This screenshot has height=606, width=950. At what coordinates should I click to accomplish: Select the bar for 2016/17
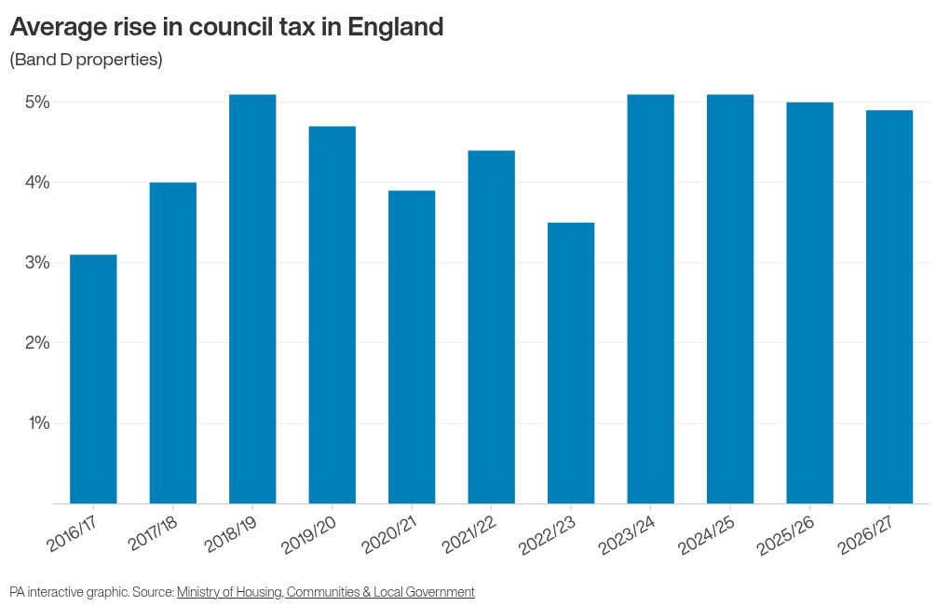pyautogui.click(x=93, y=379)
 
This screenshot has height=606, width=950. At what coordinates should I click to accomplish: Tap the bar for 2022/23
pyautogui.click(x=571, y=363)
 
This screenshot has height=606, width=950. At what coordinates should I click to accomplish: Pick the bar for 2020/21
pyautogui.click(x=412, y=347)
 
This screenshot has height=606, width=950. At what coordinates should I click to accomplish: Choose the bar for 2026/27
pyautogui.click(x=889, y=307)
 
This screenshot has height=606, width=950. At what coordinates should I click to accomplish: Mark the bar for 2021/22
pyautogui.click(x=491, y=326)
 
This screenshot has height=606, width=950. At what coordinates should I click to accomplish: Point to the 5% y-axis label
pyautogui.click(x=36, y=102)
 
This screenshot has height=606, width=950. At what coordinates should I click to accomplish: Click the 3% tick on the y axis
pyautogui.click(x=36, y=262)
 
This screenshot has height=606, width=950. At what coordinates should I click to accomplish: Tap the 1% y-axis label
pyautogui.click(x=36, y=422)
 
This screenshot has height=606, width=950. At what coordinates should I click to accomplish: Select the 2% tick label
pyautogui.click(x=36, y=342)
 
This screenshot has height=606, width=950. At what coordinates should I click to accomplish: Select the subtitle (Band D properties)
pyautogui.click(x=86, y=60)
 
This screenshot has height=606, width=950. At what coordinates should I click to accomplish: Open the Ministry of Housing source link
pyautogui.click(x=325, y=592)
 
